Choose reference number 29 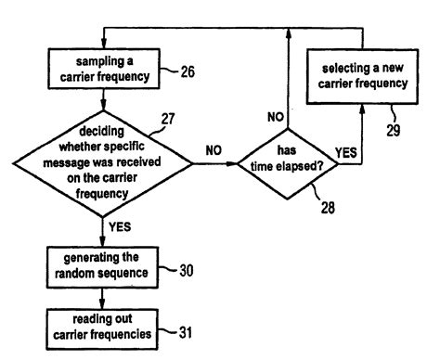point(394,131)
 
